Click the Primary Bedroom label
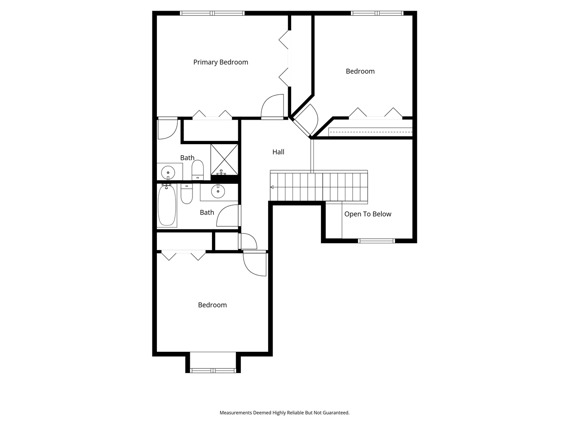pos(220,62)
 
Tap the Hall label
pos(278,152)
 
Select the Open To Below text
pos(368,214)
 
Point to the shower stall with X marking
pos(224,158)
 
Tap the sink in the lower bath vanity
pos(218,192)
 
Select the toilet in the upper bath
pos(197,170)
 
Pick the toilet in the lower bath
pos(187,194)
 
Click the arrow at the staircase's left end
pos(272,187)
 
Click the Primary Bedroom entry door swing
pos(272,106)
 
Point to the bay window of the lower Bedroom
pos(213,370)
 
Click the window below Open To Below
pos(377,241)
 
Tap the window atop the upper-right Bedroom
pos(377,13)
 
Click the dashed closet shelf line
pos(370,132)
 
